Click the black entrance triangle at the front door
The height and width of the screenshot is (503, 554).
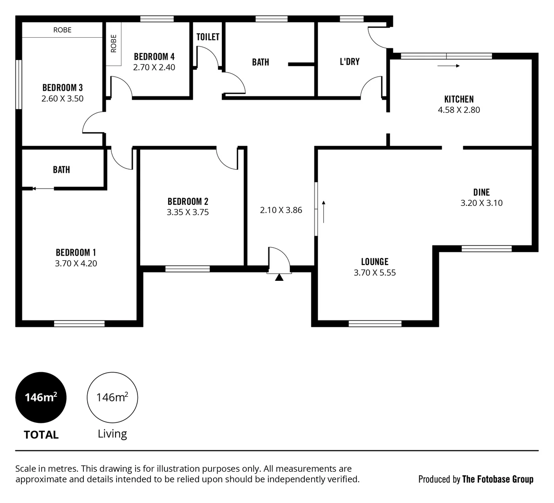[279, 278]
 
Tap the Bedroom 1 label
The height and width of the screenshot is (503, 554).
[75, 252]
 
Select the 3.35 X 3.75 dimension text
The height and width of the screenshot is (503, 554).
[188, 212]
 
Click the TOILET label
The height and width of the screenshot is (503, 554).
[208, 37]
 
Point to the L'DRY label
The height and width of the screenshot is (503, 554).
[349, 61]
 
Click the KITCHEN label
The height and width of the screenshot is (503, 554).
[458, 99]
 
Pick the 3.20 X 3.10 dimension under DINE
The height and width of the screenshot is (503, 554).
[481, 203]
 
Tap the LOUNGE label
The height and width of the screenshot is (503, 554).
[375, 262]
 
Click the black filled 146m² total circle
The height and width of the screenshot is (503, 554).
[41, 397]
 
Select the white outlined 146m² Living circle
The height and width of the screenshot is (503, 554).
[112, 397]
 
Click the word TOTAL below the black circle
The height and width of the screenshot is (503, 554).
[41, 435]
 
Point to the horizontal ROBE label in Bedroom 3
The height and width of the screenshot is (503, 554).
[62, 30]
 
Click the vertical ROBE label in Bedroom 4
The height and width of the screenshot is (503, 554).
[113, 43]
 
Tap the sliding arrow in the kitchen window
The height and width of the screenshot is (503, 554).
[448, 66]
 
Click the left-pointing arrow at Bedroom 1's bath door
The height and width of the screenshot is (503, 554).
[43, 189]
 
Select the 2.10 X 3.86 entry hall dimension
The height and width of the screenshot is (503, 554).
[281, 210]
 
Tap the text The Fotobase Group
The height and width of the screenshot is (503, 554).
[497, 479]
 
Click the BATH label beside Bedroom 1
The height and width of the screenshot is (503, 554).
[62, 170]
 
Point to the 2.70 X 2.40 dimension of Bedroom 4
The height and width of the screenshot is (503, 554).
[154, 68]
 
